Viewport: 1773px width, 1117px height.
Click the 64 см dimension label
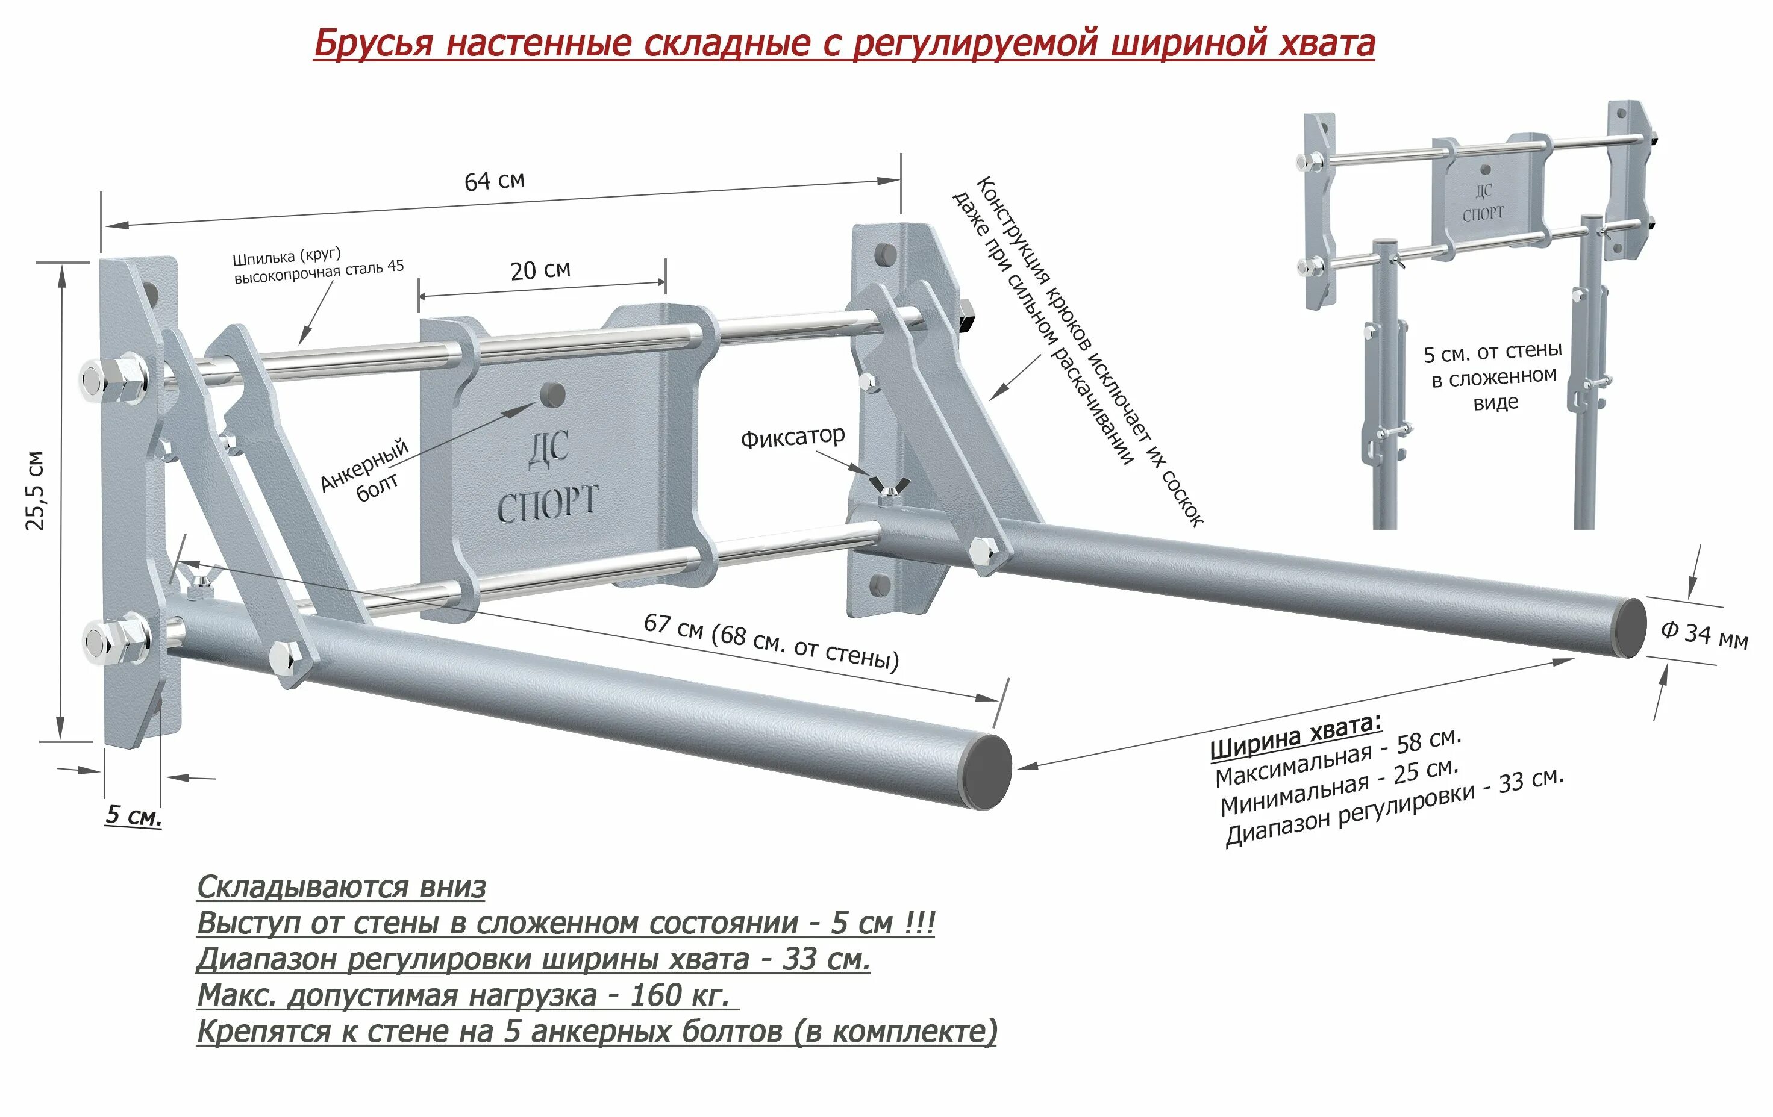(494, 180)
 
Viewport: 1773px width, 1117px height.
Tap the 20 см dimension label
(540, 270)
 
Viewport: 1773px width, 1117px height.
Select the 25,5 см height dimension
(36, 490)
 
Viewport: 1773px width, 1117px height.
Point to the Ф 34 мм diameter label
(1704, 633)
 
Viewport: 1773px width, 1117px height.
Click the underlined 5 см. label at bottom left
(133, 815)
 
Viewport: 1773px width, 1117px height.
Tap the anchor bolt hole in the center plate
(553, 394)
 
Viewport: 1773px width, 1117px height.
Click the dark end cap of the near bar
(987, 772)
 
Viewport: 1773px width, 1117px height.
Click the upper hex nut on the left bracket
(118, 381)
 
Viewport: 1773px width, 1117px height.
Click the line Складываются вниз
(342, 887)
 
